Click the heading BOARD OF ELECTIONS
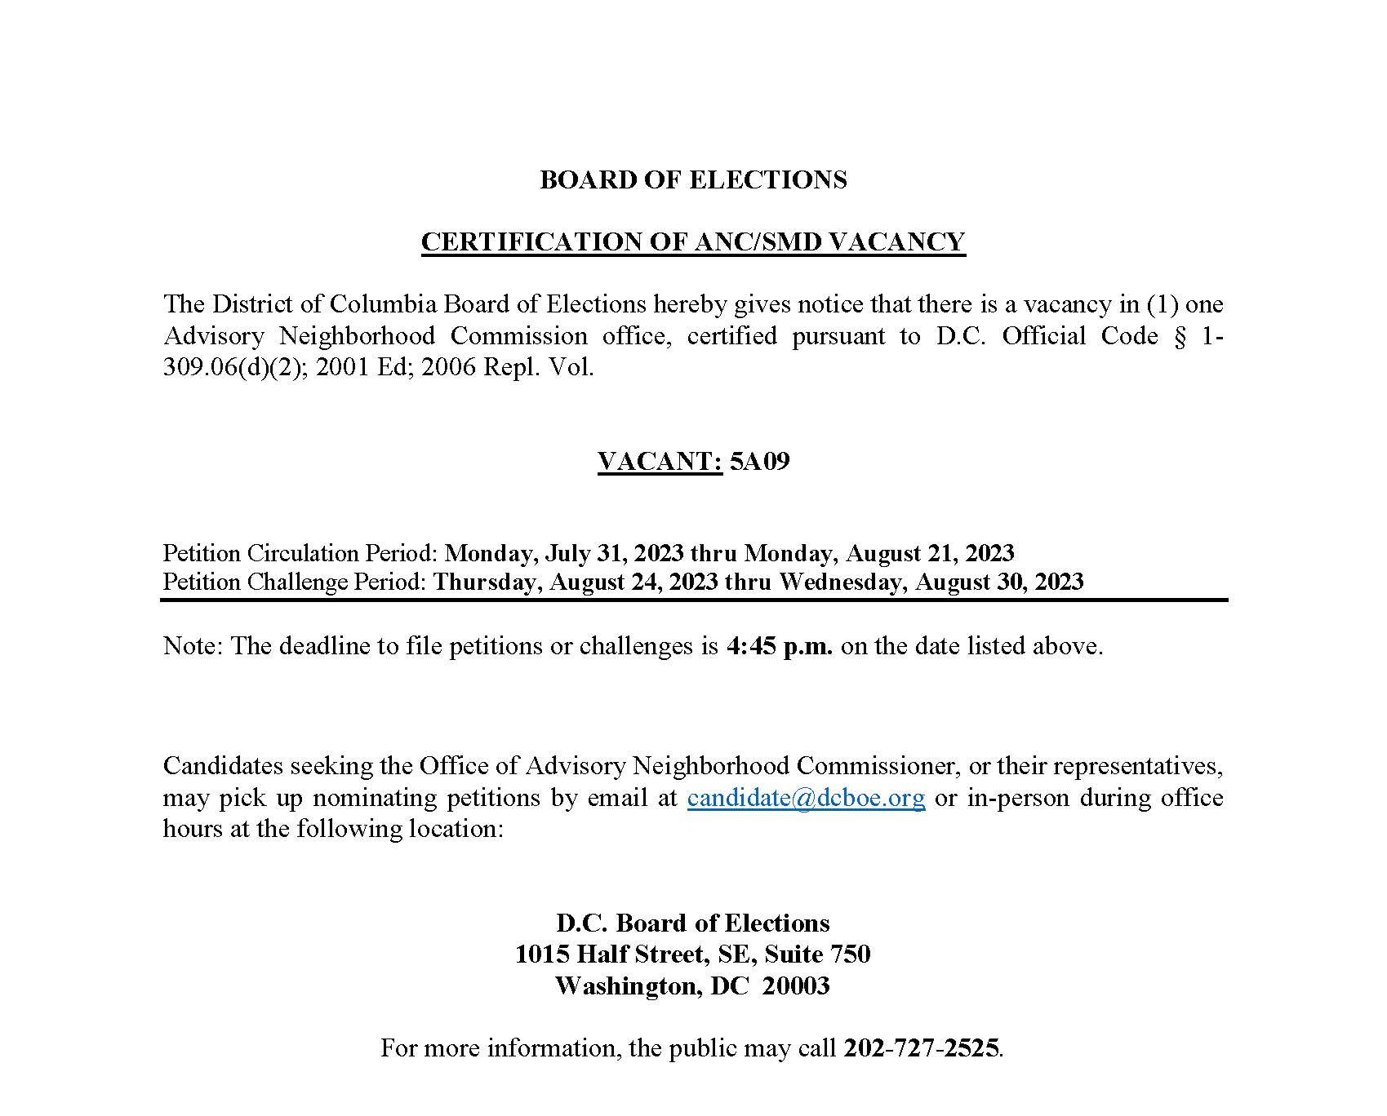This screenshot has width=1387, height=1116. coord(693,180)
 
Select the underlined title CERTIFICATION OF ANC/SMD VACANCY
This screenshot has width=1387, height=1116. coord(693,242)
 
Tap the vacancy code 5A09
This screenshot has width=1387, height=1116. coord(759,462)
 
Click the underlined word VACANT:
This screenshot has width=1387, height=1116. coord(660,462)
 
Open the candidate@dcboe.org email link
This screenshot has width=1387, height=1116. coord(806,798)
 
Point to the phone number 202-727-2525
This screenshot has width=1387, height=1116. coord(921,1048)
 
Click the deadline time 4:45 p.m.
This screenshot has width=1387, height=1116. coord(779,646)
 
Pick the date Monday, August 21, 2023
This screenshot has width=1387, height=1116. coord(879,553)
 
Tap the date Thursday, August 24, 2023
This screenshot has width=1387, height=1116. coord(576,582)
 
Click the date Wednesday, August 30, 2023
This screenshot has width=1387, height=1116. coord(931,582)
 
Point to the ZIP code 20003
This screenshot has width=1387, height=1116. coord(796,986)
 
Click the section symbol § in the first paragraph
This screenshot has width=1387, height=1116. coord(1180,337)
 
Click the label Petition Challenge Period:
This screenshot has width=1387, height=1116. coord(294,582)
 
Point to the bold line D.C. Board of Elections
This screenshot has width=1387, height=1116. coord(693,923)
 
